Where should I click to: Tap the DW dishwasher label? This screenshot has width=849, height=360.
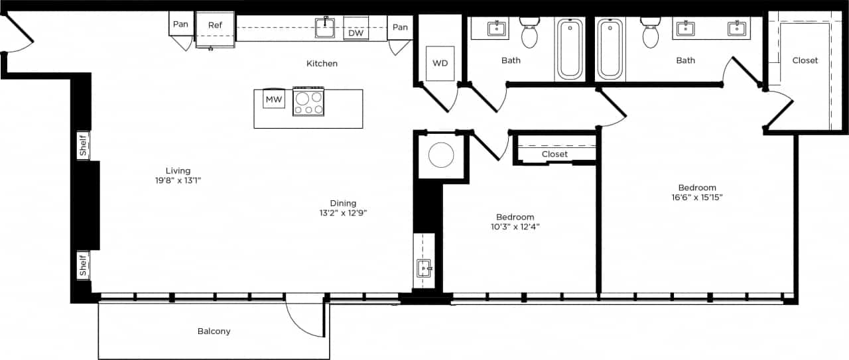(356, 33)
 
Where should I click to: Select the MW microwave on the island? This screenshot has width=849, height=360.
(274, 100)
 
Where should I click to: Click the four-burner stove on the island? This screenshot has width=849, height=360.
(308, 102)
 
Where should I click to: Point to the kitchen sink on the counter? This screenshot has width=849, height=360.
(325, 28)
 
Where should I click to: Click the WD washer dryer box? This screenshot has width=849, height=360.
(440, 64)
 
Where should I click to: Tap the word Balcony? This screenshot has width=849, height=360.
(214, 331)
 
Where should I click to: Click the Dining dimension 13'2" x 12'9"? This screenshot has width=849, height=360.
(343, 213)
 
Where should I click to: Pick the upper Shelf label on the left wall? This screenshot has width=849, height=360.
(84, 145)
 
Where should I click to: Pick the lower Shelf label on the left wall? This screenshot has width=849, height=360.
(84, 265)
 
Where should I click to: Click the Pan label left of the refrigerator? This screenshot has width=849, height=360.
(180, 25)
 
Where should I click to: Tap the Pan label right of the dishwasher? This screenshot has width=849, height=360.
(399, 27)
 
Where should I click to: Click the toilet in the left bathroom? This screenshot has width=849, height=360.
(529, 33)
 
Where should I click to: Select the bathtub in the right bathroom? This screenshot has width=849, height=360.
(610, 49)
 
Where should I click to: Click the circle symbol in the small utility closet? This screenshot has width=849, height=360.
(441, 155)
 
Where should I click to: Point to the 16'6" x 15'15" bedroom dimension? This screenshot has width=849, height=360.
(696, 197)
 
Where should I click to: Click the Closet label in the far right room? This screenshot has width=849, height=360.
(805, 60)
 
